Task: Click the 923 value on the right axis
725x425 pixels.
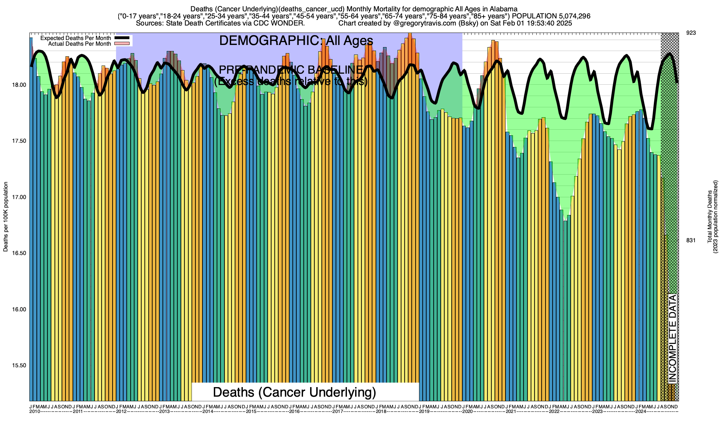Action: pos(691,33)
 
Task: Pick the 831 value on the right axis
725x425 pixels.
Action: pos(691,240)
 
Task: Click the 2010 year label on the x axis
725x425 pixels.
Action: pos(34,412)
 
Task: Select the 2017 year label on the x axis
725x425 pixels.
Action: pos(337,412)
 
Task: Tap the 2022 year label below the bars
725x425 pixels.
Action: pos(554,412)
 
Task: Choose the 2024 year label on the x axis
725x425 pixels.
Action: pos(641,412)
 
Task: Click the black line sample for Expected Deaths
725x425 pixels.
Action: pos(122,38)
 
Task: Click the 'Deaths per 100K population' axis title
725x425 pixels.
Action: pos(6,217)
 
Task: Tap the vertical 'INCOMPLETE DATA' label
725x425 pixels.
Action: pos(672,338)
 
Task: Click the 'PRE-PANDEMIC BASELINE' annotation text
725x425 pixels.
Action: pos(291,70)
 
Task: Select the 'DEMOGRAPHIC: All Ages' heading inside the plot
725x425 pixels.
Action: pos(296,41)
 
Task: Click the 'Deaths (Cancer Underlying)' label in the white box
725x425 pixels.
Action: pos(295,392)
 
